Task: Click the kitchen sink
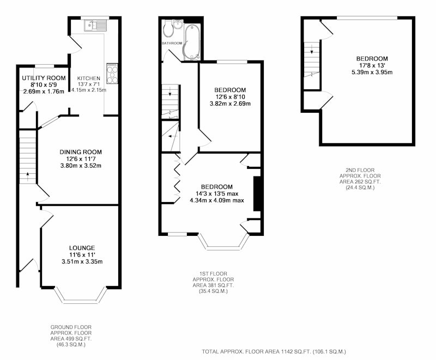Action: click(95, 26)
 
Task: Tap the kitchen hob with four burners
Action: click(112, 74)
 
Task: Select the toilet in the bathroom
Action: click(168, 30)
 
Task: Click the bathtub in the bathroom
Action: click(192, 42)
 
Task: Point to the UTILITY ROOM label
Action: click(44, 78)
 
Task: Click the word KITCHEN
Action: click(88, 78)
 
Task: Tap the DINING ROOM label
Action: click(81, 152)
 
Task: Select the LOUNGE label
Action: click(82, 248)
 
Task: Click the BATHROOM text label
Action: click(172, 44)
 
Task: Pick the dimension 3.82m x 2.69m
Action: click(230, 103)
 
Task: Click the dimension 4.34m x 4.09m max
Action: click(217, 200)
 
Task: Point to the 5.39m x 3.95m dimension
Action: click(372, 72)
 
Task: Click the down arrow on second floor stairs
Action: click(311, 49)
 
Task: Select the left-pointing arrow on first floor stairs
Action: click(173, 136)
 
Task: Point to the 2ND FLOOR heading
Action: click(360, 170)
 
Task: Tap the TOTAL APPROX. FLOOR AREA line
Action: click(274, 352)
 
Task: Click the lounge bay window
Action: click(81, 296)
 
